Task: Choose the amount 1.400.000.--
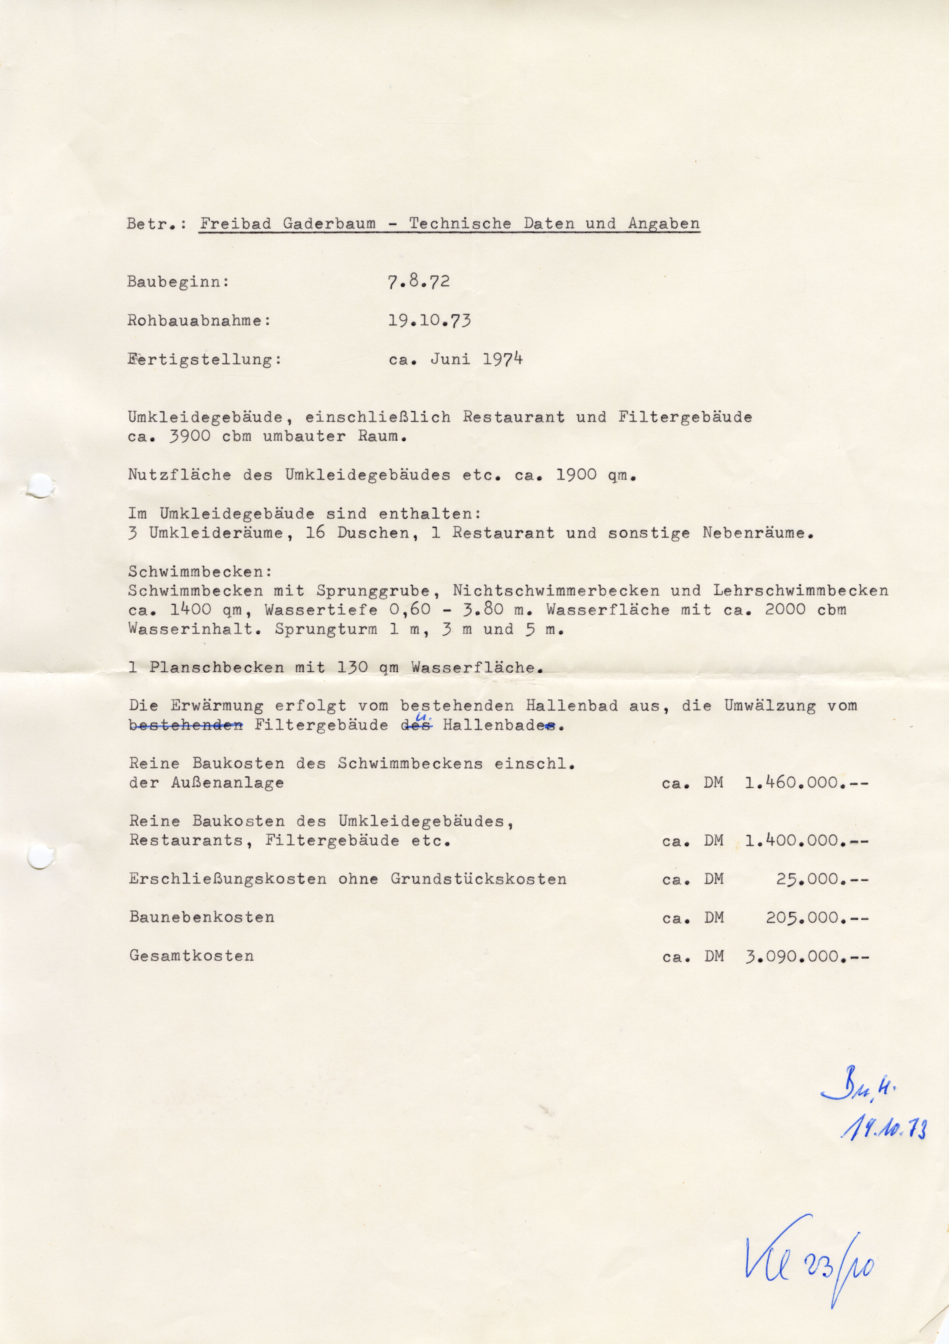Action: click(806, 841)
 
